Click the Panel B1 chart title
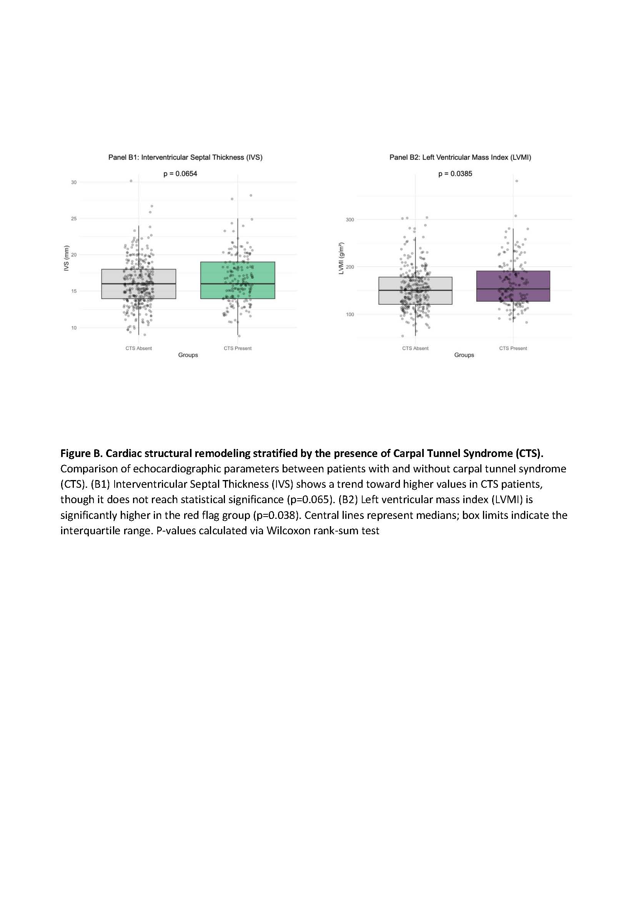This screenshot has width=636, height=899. click(185, 158)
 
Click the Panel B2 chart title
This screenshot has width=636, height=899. click(460, 158)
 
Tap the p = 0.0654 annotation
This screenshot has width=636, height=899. click(180, 174)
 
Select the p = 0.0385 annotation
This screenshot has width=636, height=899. click(455, 174)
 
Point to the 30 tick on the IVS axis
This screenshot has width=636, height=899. click(73, 183)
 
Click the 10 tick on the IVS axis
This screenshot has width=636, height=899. click(73, 328)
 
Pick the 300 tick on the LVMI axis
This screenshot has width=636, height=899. click(350, 220)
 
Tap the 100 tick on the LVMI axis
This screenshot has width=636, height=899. click(350, 314)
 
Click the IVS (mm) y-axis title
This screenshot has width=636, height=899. click(67, 258)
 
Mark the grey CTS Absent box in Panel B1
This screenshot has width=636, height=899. click(139, 284)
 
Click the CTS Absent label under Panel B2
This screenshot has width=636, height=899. click(415, 349)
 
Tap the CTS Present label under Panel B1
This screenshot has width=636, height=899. click(238, 349)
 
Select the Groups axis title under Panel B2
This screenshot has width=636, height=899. click(464, 355)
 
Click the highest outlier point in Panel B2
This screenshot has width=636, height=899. click(516, 181)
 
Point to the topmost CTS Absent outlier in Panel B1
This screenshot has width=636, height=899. click(131, 181)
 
